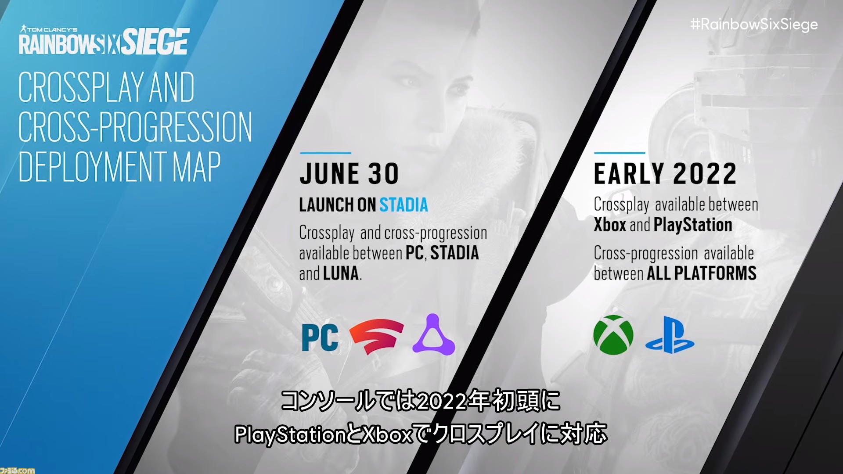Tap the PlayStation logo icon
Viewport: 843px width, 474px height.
pos(670,336)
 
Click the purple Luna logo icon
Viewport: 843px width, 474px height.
pos(433,335)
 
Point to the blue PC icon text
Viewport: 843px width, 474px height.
pos(320,338)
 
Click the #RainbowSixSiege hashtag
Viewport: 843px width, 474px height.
pos(753,24)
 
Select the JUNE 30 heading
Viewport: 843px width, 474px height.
pos(349,174)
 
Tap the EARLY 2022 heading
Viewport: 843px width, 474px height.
pos(665,174)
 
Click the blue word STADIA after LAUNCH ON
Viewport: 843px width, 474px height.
pos(403,205)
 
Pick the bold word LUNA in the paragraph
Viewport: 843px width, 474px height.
pos(341,274)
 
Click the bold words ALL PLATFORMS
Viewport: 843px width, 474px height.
pos(701,273)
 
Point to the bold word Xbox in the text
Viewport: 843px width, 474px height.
pos(609,225)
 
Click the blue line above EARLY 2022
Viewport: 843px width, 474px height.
pos(619,153)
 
